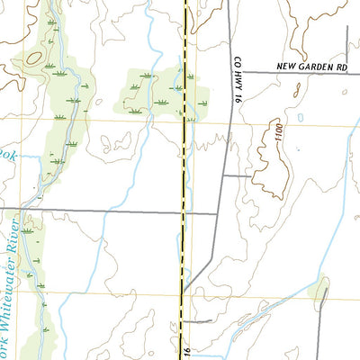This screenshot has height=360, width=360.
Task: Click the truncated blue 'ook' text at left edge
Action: (x=7, y=154)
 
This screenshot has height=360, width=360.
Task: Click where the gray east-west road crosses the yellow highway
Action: (x=184, y=213)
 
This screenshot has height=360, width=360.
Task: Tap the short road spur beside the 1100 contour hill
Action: (x=238, y=175)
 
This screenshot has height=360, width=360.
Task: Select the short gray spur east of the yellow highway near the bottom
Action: (x=198, y=320)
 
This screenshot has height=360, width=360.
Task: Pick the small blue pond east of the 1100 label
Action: (x=299, y=117)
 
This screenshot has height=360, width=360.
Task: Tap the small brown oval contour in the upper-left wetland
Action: (x=34, y=58)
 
